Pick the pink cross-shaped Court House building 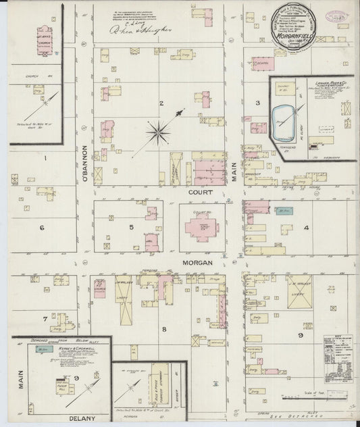(x=201, y=230)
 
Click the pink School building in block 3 (x=263, y=64)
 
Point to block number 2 (x=161, y=103)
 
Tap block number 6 (x=41, y=228)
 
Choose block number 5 (x=132, y=227)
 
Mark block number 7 (x=45, y=318)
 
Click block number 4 (x=307, y=228)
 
